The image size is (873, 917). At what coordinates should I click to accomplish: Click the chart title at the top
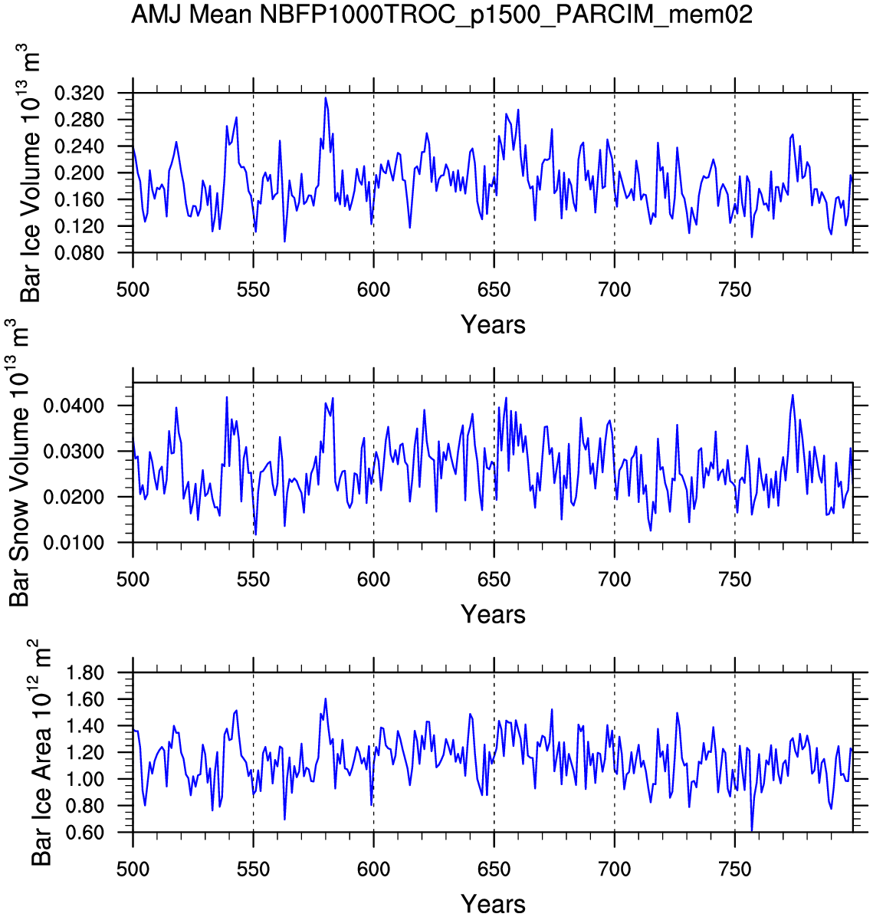coord(441,14)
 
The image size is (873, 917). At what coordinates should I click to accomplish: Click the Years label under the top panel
coord(493,325)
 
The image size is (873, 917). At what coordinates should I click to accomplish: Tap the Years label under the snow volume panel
coord(493,615)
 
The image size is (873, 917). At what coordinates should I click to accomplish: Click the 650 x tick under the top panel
coord(494,291)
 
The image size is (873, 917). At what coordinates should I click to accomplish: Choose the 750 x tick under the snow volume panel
coord(735,580)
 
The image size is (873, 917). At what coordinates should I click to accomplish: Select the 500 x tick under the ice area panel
coord(133,870)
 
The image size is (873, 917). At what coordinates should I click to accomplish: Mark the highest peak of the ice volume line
coord(326,97)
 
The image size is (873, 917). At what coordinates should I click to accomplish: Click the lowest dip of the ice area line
coord(752,830)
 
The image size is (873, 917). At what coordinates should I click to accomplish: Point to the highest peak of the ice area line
coord(326,698)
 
